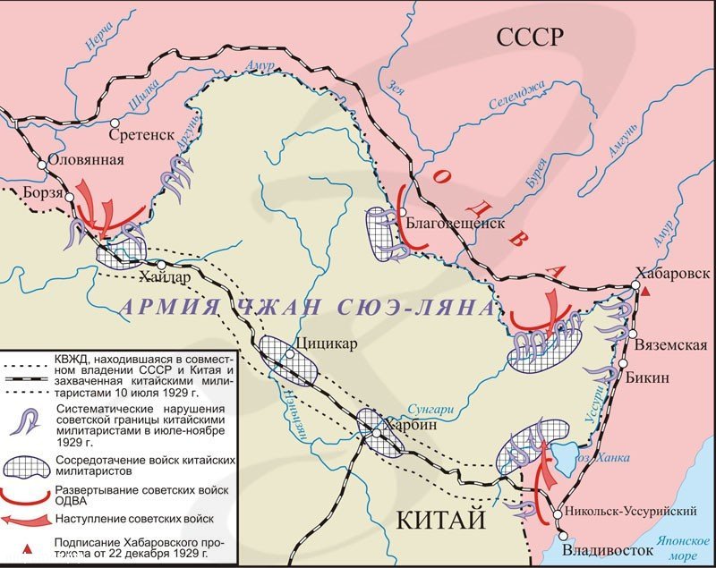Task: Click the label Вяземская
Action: coord(670,345)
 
